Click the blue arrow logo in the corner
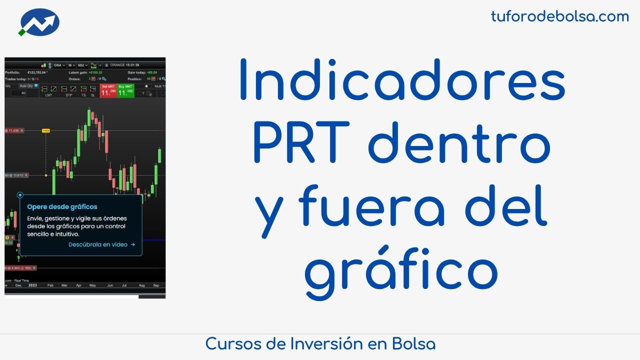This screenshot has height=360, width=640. pos(39,23)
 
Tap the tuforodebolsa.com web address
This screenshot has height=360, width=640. pos(559,16)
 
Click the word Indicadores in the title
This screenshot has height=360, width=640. pos(402,80)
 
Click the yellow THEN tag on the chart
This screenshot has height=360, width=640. pos(46,130)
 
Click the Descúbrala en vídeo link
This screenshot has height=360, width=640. pos(101,244)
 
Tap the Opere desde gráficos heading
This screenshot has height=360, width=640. pos(62,206)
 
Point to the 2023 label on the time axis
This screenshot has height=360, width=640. pos(32,285)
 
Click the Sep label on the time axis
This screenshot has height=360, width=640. pos(156,285)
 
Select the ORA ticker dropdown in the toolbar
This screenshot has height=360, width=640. pos(59,65)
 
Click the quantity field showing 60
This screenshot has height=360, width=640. pos(23,93)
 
